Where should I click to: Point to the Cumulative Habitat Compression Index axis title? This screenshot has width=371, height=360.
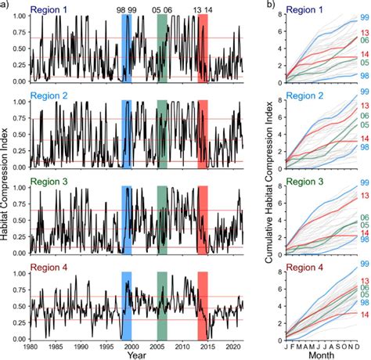pos(268,174)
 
